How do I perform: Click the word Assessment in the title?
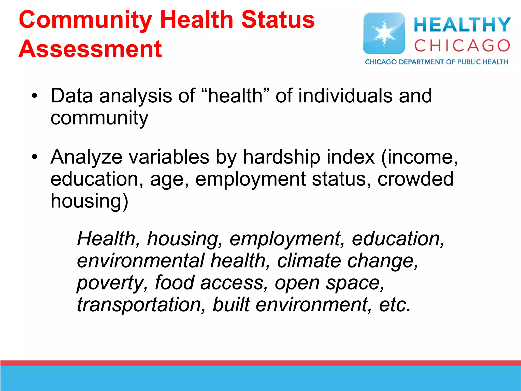(x=90, y=49)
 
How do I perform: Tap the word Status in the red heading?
(x=278, y=20)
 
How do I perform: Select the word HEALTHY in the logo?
(x=462, y=25)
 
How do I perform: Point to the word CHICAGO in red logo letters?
(x=462, y=46)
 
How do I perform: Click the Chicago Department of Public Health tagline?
(x=436, y=62)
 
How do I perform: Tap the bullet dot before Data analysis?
(x=35, y=96)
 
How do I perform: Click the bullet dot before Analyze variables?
(x=35, y=157)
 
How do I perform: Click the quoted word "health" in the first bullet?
(x=235, y=96)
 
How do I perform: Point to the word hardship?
(x=281, y=157)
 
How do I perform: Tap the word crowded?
(x=415, y=179)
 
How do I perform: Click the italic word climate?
(x=309, y=261)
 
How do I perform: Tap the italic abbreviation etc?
(x=395, y=305)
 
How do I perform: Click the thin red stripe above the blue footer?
(x=260, y=363)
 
